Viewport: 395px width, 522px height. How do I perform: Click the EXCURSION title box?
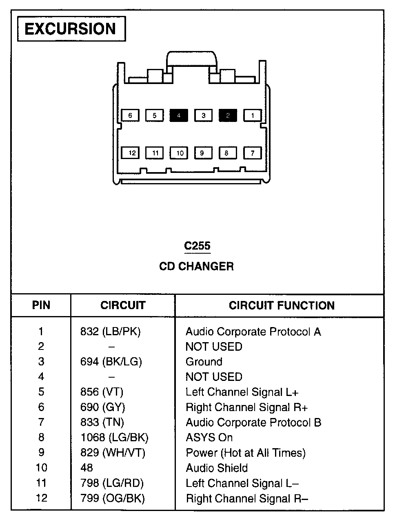[x=71, y=29]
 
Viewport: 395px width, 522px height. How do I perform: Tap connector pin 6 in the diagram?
[x=130, y=115]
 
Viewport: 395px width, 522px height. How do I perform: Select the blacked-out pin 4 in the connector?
[x=179, y=115]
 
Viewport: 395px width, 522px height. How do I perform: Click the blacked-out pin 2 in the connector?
[x=228, y=115]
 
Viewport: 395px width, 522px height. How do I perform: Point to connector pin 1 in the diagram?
[x=253, y=115]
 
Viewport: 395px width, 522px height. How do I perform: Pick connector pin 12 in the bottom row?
[x=132, y=153]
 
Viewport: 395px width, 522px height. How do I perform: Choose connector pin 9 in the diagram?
[x=202, y=153]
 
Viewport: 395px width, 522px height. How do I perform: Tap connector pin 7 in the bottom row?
[x=253, y=153]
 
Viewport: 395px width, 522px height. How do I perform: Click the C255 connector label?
[x=197, y=246]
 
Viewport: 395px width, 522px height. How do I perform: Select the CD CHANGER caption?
[x=196, y=266]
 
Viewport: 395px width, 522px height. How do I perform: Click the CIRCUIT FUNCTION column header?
[x=282, y=305]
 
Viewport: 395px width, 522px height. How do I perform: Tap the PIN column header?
[x=41, y=305]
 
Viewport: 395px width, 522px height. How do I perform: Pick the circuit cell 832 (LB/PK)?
[x=110, y=332]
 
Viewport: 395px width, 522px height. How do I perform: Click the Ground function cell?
[x=204, y=362]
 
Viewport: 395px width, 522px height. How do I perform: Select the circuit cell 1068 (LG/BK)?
[x=114, y=438]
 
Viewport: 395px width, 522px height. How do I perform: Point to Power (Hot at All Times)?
[x=246, y=453]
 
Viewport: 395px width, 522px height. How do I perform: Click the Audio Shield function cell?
[x=217, y=468]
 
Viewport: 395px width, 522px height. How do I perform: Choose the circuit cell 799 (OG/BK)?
[x=112, y=498]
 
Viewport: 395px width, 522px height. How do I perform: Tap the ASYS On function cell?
[x=209, y=438]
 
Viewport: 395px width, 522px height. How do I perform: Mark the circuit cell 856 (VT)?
[x=102, y=392]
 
